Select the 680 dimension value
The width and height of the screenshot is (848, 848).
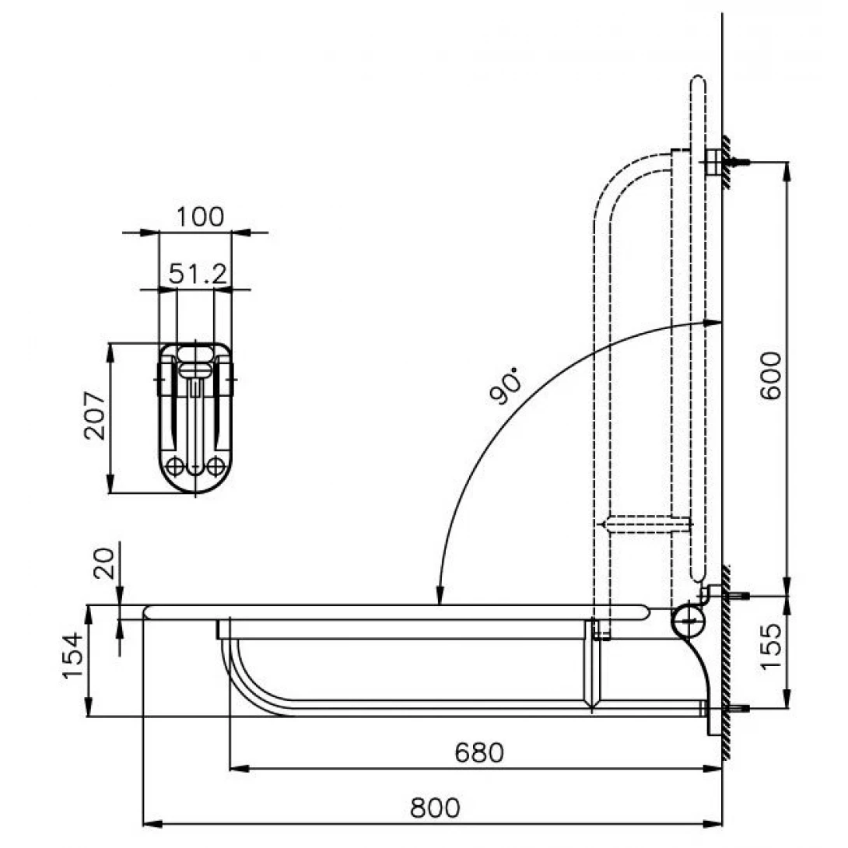479,752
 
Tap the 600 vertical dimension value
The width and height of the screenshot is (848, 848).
771,375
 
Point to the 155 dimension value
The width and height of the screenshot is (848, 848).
771,647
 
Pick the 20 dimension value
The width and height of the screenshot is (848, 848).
105,563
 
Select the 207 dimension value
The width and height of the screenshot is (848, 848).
95,415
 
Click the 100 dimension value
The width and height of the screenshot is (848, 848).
200,217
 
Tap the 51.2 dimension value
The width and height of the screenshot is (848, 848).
198,274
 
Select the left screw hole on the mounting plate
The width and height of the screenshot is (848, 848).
175,466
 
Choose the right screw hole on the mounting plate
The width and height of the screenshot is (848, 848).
216,466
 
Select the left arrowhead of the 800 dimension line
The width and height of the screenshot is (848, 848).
152,824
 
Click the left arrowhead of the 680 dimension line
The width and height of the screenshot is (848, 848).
240,768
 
